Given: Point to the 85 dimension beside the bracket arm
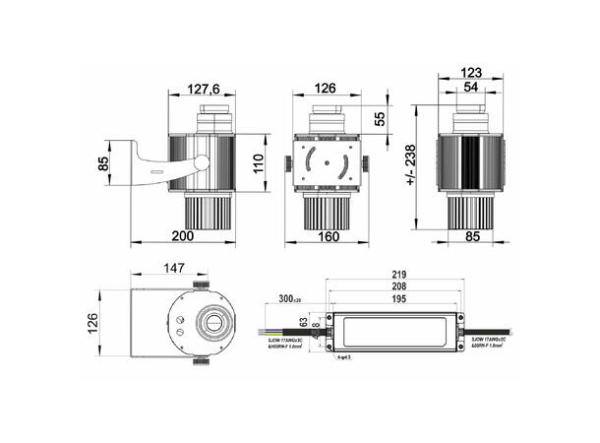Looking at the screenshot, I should coord(103,163).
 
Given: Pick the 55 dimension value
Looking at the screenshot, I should coord(381,118).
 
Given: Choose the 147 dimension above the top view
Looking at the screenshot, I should coord(174,267).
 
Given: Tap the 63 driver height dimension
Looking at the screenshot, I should coord(304,321).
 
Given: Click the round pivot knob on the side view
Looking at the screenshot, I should coord(201,163).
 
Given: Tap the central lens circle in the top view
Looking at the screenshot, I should coord(210,324).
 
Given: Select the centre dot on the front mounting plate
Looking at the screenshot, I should coord(329,162).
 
